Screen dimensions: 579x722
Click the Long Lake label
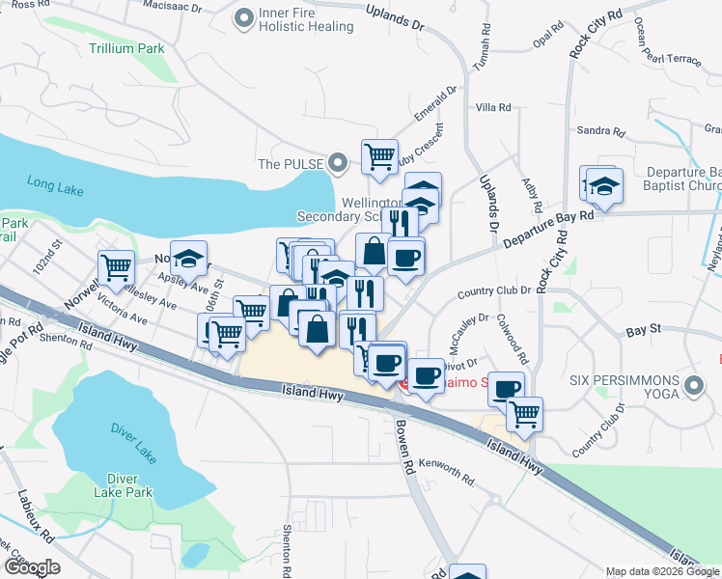click(56, 183)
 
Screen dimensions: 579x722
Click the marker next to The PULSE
click(337, 164)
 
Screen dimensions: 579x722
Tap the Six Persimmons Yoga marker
click(692, 388)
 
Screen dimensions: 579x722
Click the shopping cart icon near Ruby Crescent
click(379, 154)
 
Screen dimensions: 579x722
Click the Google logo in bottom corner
click(32, 567)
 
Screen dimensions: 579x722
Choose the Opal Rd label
click(547, 38)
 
